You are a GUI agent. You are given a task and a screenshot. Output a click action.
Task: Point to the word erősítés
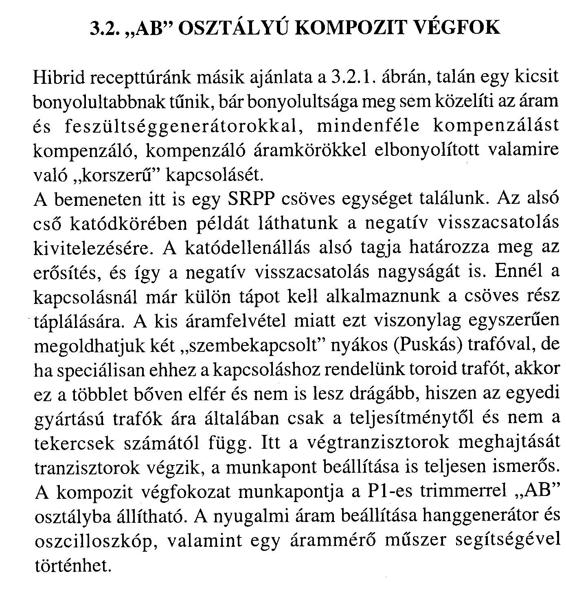click(67, 273)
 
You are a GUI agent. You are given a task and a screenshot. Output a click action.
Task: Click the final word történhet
click(73, 566)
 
